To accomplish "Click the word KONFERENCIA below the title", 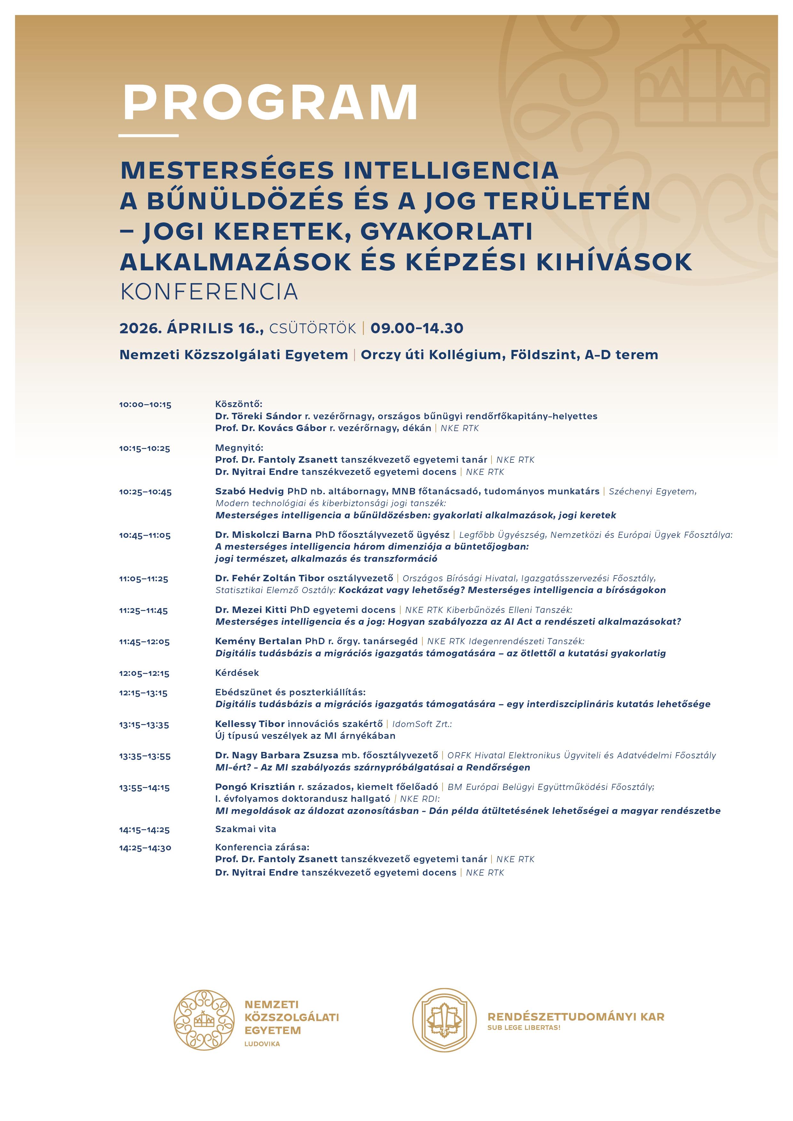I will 209,292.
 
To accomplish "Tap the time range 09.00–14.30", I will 416,328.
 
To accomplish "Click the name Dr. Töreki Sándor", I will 258,416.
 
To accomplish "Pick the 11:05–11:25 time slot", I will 143,579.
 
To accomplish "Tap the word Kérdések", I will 237,673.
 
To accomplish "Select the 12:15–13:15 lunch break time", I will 143,693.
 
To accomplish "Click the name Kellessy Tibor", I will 250,724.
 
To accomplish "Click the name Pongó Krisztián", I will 255,787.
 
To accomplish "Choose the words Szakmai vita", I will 245,829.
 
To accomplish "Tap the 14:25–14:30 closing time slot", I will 145,848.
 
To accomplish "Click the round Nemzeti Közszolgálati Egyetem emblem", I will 204,1020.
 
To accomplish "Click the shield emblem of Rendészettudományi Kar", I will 444,1020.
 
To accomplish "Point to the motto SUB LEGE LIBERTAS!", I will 523,1028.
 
